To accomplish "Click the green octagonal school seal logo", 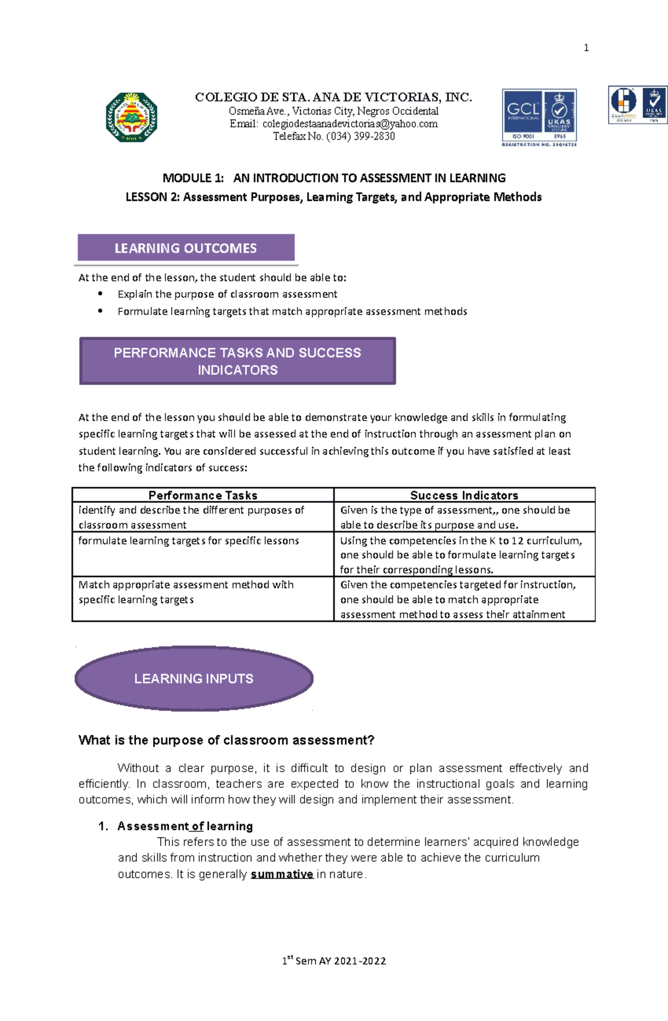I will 132,117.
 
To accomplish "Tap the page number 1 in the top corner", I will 586,48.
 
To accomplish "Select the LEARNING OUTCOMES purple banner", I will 186,248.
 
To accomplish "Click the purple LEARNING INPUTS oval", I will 194,678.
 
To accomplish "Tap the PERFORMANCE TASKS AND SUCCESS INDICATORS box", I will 238,361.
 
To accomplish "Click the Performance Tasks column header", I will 203,495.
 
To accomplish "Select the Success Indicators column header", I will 464,495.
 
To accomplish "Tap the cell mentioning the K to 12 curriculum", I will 464,554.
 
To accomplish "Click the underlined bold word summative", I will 282,874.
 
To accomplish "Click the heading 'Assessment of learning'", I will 185,826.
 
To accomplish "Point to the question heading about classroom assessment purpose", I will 226,740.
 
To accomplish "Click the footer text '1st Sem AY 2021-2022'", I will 334,960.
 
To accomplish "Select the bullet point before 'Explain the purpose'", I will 100,294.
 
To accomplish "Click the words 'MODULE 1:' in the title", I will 193,178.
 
